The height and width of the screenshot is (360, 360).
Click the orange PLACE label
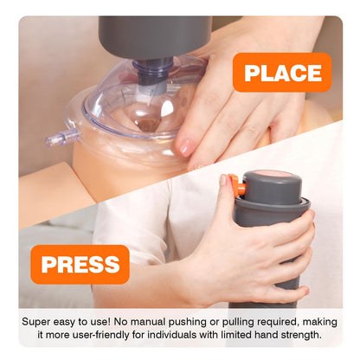click(x=282, y=73)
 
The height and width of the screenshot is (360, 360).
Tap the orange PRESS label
click(x=80, y=264)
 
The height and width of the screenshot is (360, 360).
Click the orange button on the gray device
click(x=238, y=184)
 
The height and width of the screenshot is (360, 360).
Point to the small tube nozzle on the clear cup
click(x=62, y=137)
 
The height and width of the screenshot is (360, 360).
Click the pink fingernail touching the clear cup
click(x=186, y=147)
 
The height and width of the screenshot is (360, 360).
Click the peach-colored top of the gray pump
click(x=273, y=175)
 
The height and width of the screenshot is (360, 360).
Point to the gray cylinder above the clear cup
click(x=155, y=36)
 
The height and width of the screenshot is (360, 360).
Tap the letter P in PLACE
click(x=251, y=73)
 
